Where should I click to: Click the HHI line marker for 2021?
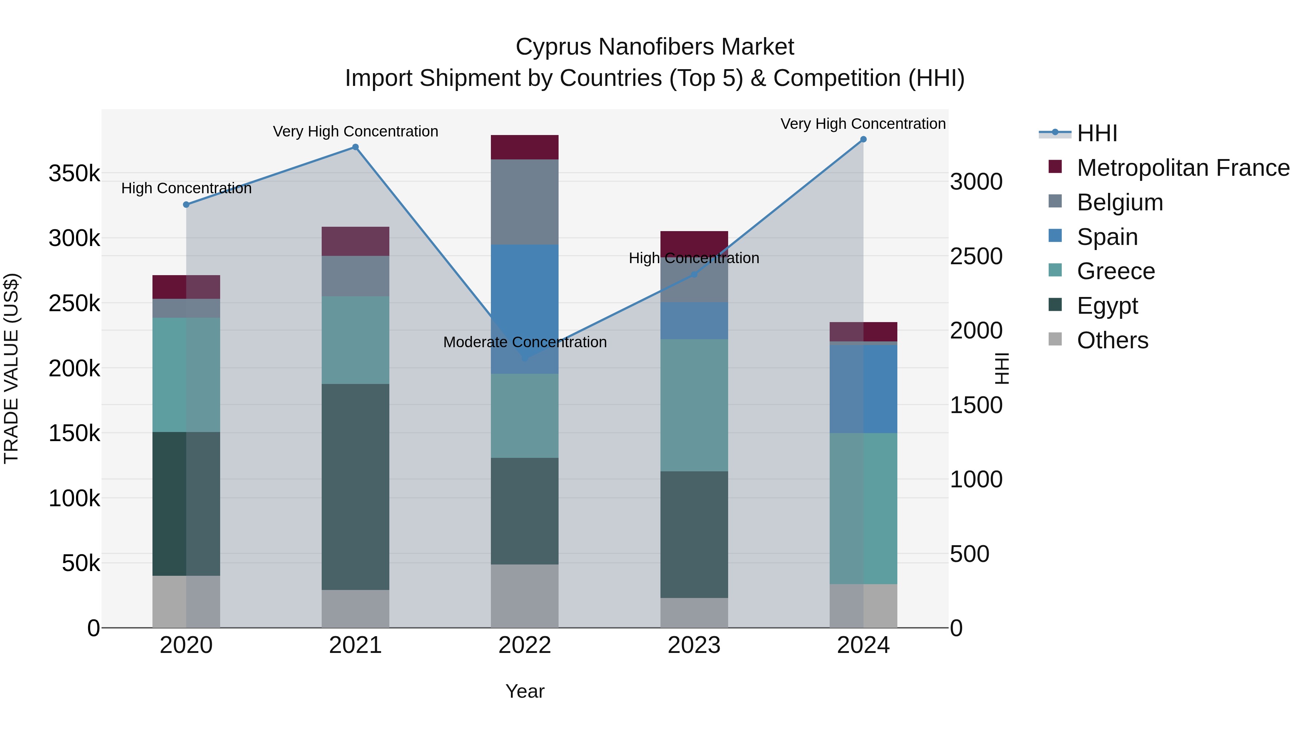(356, 147)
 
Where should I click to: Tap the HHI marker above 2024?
(863, 139)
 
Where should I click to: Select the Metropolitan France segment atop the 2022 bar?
(524, 147)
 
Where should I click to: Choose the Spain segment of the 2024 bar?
(863, 389)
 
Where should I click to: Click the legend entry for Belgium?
(1120, 202)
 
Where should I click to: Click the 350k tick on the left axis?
(74, 174)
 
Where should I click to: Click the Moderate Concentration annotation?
(525, 342)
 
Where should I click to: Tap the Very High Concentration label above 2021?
(356, 132)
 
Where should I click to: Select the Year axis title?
(525, 691)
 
